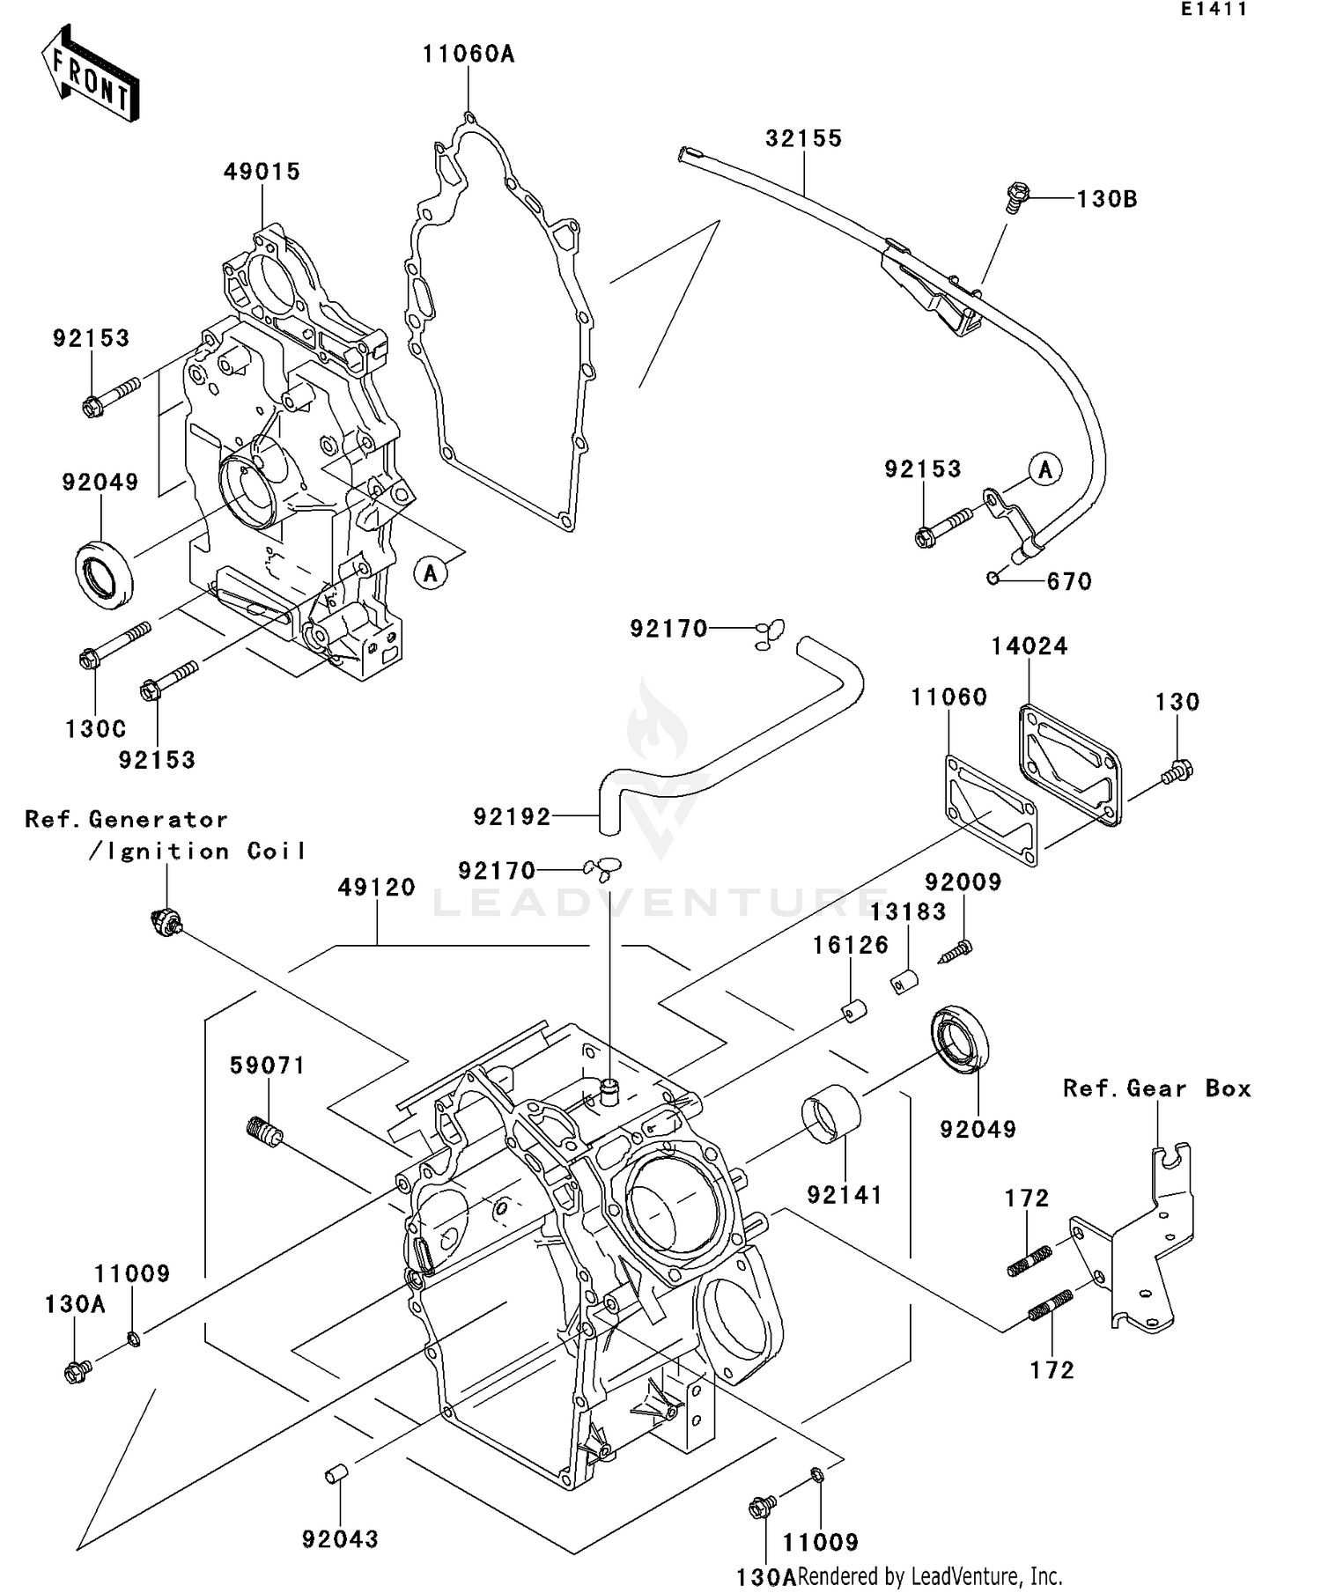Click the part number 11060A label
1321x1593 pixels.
[468, 55]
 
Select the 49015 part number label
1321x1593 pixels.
[262, 172]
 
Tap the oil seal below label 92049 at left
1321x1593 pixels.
[104, 576]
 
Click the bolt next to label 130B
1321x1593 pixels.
[1018, 196]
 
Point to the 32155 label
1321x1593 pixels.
[803, 138]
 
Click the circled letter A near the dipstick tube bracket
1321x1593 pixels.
[1045, 469]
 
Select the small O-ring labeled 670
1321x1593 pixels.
[993, 578]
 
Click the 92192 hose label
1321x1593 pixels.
[512, 817]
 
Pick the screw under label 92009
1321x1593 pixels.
[956, 952]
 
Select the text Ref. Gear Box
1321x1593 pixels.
[1156, 1089]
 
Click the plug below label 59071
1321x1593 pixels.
[263, 1130]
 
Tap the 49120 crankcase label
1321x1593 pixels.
[376, 888]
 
